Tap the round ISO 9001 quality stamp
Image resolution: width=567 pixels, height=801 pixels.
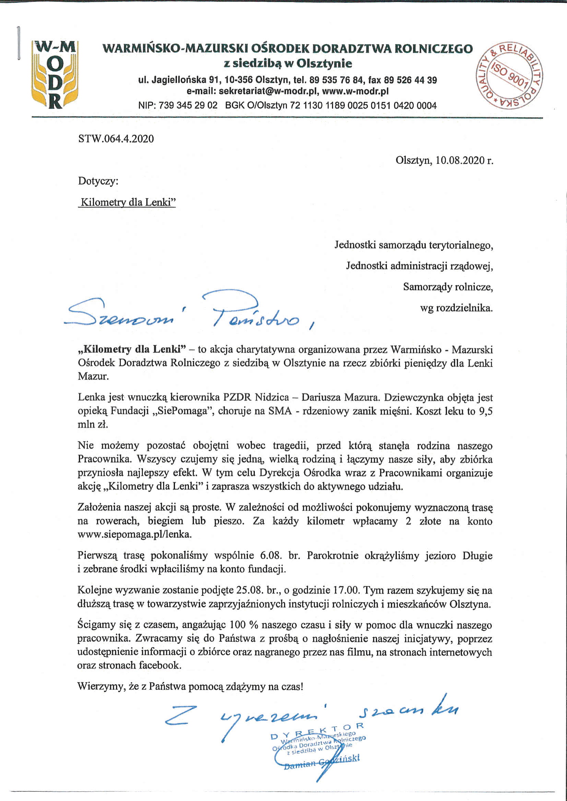coord(509,75)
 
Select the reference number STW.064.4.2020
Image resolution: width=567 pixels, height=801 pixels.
coord(116,139)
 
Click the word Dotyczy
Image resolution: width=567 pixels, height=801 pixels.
coord(98,181)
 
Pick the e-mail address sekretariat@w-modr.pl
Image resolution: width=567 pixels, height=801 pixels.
coord(265,92)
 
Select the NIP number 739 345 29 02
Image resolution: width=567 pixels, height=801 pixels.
coord(188,105)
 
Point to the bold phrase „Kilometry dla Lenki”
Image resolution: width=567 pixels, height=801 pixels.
coord(131,349)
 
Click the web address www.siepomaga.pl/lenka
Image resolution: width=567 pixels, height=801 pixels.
coord(134,534)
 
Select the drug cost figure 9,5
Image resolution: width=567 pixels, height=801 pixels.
coord(485,411)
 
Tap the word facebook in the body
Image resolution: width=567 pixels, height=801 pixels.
coord(160,665)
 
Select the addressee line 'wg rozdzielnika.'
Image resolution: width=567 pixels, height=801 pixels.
coord(456,308)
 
